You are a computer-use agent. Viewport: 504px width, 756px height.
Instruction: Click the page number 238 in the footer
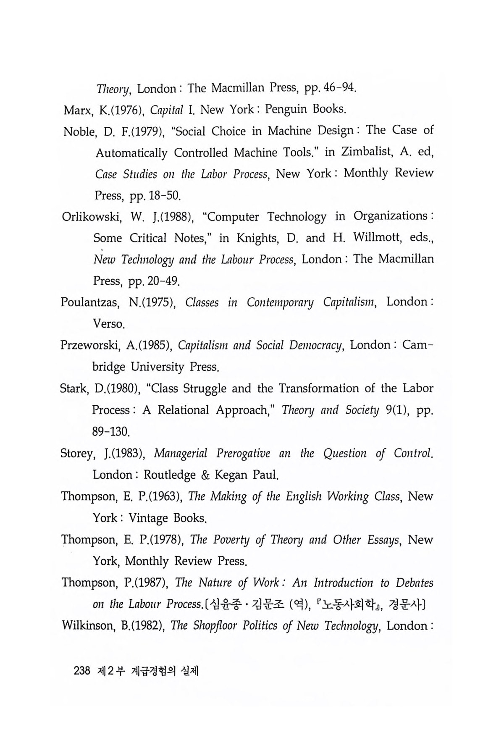click(82, 671)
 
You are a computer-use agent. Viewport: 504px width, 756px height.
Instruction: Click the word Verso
click(108, 324)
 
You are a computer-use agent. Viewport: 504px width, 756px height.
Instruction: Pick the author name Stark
click(72, 388)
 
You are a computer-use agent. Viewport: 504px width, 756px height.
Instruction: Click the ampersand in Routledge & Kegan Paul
click(205, 475)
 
